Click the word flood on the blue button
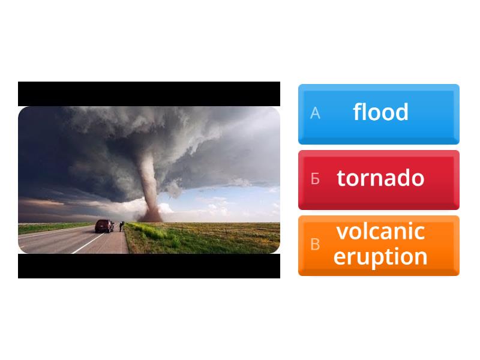(380, 112)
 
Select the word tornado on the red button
(380, 178)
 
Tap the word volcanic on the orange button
(380, 232)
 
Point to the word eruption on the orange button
(380, 257)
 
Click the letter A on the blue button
(315, 113)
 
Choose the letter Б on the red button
(315, 179)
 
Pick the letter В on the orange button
(315, 245)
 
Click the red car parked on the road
(104, 226)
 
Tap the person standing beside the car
(121, 226)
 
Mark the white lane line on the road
(84, 242)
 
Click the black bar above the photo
(149, 94)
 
